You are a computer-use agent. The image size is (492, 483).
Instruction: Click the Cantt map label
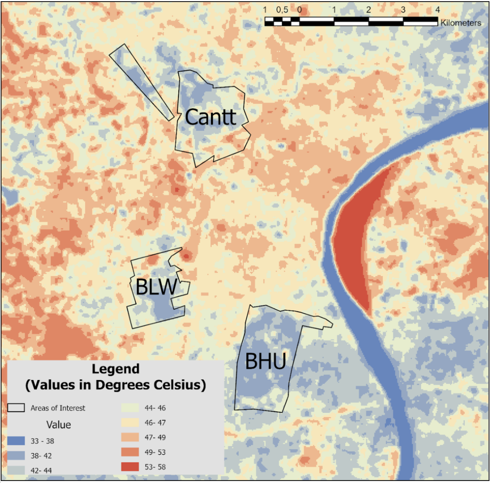click(x=211, y=117)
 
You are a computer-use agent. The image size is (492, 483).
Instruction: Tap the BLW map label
click(x=156, y=287)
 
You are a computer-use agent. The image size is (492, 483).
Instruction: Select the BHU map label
click(x=265, y=362)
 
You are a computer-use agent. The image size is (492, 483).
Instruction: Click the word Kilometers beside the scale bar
click(x=460, y=23)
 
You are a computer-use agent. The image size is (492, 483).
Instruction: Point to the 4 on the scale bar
click(x=437, y=9)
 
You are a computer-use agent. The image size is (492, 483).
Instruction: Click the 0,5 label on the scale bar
click(x=282, y=9)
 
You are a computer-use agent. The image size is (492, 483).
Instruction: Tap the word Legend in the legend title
click(x=116, y=369)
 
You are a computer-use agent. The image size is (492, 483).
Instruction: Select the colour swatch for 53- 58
click(x=130, y=467)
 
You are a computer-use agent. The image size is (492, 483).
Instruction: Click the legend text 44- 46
click(x=155, y=408)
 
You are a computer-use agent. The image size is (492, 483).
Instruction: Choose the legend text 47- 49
click(x=155, y=437)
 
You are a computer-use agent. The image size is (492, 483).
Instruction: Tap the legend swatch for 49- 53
click(x=130, y=452)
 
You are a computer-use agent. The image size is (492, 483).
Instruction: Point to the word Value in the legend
click(x=59, y=425)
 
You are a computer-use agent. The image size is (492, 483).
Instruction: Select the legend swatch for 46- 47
click(x=130, y=422)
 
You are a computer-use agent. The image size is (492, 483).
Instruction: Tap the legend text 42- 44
click(x=41, y=470)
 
